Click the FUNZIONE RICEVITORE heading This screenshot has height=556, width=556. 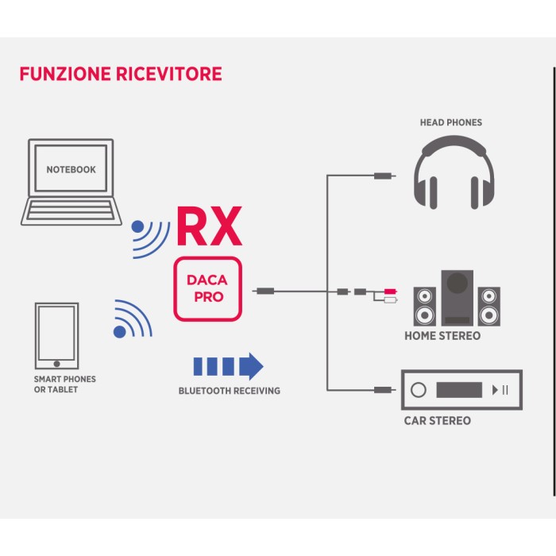(x=121, y=75)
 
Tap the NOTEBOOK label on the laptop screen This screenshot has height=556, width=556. (x=71, y=169)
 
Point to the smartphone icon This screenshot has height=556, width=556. (x=56, y=334)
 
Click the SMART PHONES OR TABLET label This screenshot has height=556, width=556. (x=65, y=384)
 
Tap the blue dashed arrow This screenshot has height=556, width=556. (x=228, y=366)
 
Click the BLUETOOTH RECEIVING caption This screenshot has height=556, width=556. (x=229, y=391)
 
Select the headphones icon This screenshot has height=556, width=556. (x=453, y=172)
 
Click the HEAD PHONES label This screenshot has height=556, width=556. (x=451, y=122)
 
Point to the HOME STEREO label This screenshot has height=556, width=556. (x=442, y=336)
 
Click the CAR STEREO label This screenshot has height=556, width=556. (x=438, y=420)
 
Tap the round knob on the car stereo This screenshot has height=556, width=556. (x=419, y=390)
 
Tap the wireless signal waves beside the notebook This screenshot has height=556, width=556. (x=150, y=237)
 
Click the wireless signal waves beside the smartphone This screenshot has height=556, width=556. (x=133, y=319)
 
